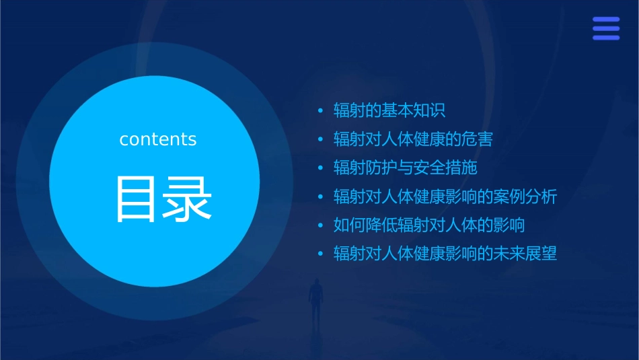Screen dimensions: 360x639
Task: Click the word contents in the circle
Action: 158,139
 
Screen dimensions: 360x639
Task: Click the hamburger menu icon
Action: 606,29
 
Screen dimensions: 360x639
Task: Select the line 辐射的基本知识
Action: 389,111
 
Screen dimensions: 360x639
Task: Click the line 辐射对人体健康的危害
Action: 413,139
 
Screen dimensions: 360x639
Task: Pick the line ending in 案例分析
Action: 445,196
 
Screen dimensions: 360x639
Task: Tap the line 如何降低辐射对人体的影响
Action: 429,225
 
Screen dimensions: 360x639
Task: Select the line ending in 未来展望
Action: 445,254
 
